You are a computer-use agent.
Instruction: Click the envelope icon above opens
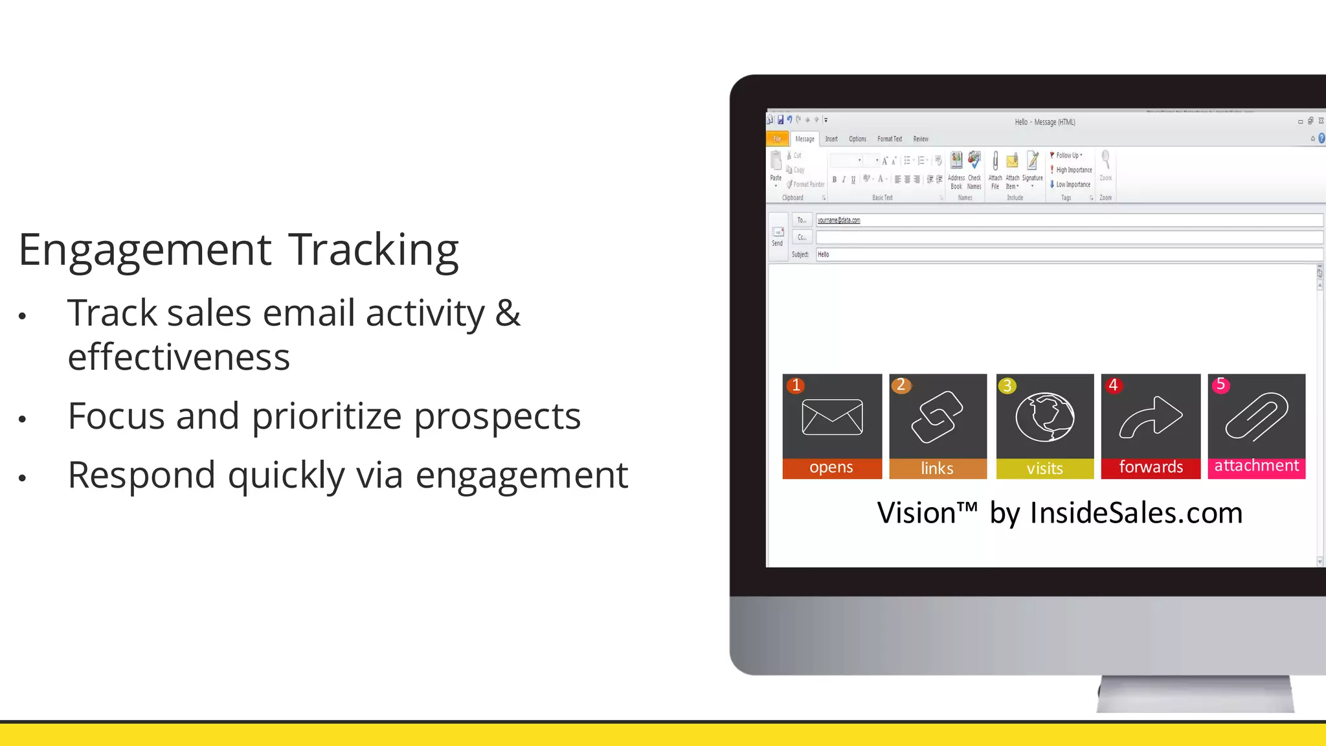832,417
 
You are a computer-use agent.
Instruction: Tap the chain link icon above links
937,417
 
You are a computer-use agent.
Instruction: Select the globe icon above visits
1044,417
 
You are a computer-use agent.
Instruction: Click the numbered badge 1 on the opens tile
796,385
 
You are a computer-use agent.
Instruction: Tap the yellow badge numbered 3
1007,386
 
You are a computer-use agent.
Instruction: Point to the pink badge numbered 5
1220,385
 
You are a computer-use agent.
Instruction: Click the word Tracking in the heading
373,251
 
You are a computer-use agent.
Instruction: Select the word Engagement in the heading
145,251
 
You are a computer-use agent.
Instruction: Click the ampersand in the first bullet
508,313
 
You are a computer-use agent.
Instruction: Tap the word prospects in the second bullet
497,416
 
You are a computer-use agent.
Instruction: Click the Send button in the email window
778,236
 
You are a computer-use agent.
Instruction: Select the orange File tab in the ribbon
777,139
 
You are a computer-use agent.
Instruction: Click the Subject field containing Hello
1068,254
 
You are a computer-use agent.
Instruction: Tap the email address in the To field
838,220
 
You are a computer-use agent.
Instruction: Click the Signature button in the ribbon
1033,168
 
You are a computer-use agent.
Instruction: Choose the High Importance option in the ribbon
1072,170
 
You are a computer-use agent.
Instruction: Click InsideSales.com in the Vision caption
1136,513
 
